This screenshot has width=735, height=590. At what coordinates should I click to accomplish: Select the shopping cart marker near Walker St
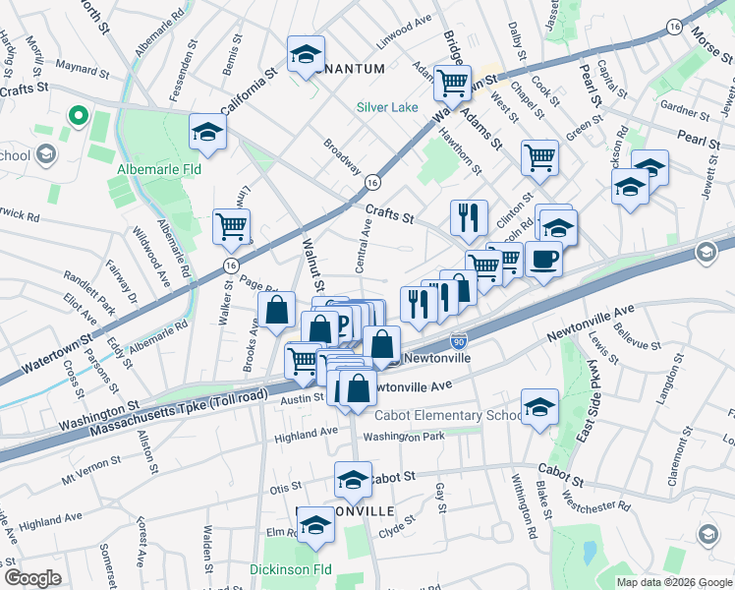coord(232,226)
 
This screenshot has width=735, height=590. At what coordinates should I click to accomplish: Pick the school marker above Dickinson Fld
coord(315,525)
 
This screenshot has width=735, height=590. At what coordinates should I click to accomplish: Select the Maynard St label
coord(81,68)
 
